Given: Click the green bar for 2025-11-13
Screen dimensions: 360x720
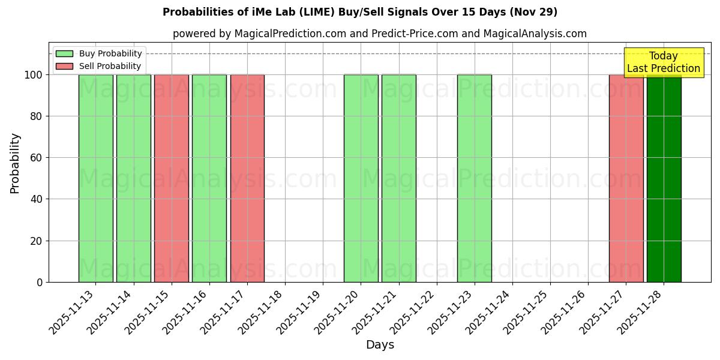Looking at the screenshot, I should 96,178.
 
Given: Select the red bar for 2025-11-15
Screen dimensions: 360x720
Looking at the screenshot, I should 172,178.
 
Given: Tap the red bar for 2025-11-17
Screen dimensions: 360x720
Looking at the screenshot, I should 247,178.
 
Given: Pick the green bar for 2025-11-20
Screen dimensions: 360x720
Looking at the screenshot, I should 361,178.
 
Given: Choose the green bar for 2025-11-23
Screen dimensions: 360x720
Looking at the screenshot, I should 475,178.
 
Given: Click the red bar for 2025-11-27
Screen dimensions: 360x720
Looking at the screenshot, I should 626,178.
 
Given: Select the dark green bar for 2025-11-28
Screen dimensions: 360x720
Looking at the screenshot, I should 664,178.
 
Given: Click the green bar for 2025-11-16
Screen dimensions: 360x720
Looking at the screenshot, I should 209,178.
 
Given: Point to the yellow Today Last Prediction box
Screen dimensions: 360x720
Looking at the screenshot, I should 664,62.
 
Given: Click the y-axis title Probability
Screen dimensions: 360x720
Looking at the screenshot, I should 15,163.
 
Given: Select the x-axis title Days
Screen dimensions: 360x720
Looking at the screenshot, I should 380,345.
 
